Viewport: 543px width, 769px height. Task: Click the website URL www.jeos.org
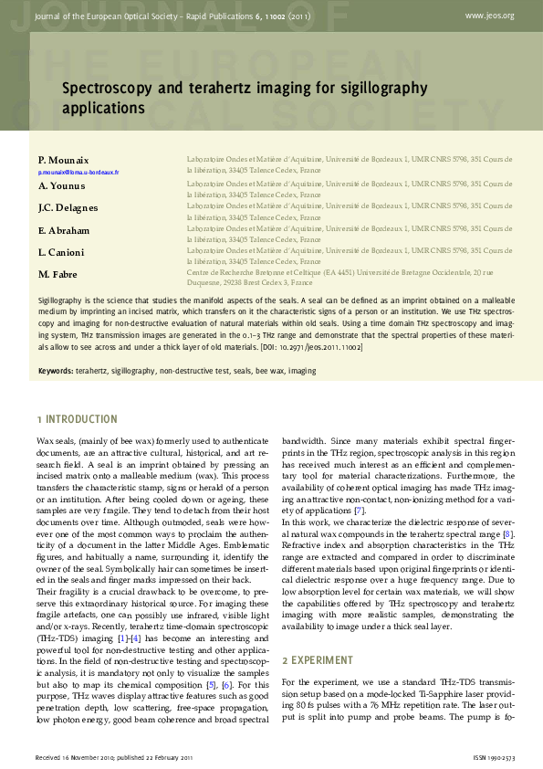click(489, 16)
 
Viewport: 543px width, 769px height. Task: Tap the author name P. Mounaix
click(64, 160)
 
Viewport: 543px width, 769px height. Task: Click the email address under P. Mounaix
click(78, 172)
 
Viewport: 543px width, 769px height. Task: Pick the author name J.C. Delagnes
click(68, 207)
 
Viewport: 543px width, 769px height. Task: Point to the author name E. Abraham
click(64, 230)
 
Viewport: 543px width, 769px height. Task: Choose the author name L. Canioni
click(61, 251)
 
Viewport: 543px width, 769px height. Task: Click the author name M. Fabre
click(57, 274)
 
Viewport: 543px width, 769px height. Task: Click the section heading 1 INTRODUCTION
click(77, 419)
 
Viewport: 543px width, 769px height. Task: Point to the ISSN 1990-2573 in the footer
click(494, 758)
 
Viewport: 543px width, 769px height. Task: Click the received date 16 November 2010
click(88, 758)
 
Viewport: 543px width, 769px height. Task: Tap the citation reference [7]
click(360, 510)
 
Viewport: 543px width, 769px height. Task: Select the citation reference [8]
click(508, 532)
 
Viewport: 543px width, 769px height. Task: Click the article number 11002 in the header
click(291, 16)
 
